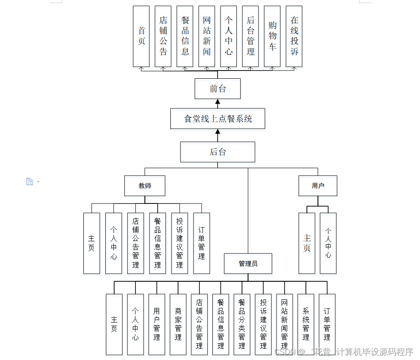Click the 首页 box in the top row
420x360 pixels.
coord(141,36)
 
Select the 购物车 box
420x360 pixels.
coord(272,36)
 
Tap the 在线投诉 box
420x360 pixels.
coord(294,36)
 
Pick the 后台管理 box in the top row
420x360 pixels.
coord(250,36)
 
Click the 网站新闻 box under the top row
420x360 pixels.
coord(207,36)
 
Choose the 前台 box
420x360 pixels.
coord(218,89)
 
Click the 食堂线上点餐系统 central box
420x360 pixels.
coord(218,119)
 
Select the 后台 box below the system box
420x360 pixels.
coord(218,152)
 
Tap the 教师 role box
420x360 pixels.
coord(145,186)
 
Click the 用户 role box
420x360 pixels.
coord(318,186)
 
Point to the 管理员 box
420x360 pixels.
coord(248,263)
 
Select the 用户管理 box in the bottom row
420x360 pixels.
coord(156,324)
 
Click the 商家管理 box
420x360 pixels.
coord(178,324)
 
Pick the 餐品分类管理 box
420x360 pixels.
coord(242,324)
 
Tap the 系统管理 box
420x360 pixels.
coord(306,324)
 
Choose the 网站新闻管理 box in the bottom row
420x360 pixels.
coord(284,324)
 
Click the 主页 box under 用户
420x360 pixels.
coord(307,243)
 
